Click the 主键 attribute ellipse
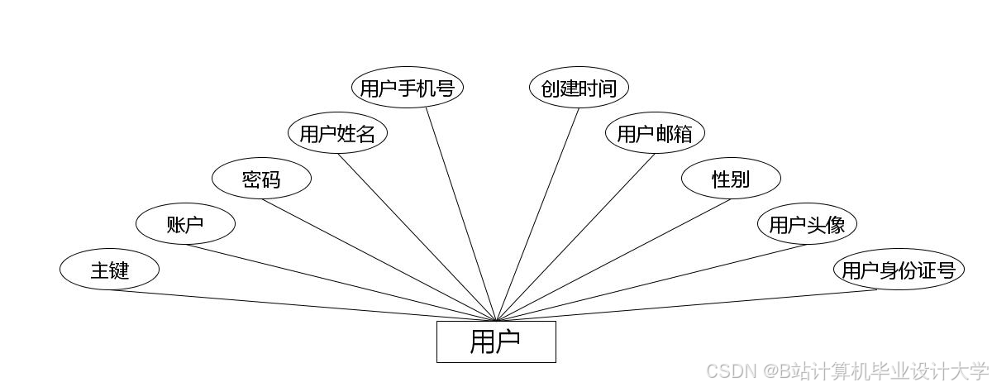pos(108,270)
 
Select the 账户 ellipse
pos(185,224)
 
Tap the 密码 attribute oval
pos(261,179)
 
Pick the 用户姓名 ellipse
pos(337,133)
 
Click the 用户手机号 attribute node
pos(407,88)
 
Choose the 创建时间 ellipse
pos(579,88)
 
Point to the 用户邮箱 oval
pos(654,133)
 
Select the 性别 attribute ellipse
pos(731,179)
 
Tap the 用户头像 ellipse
pos(807,224)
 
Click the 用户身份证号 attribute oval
pos(899,270)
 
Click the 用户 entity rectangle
pos(496,342)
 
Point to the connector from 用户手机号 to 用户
pos(461,214)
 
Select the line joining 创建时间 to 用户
pos(537,214)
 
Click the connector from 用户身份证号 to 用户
pos(686,305)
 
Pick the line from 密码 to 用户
pos(380,260)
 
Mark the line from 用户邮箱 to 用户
pos(575,237)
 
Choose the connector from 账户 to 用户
pos(341,282)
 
